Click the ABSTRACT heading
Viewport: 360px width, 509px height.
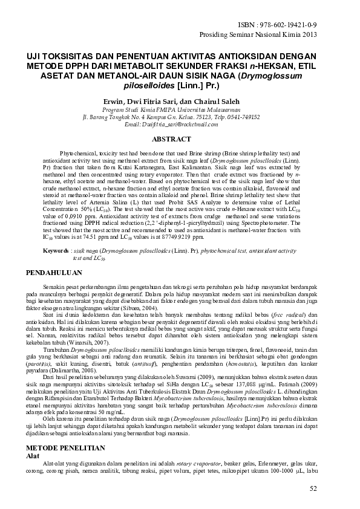(x=179, y=139)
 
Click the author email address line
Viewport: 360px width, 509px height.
(x=180, y=124)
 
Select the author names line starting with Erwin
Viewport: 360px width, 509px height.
(x=179, y=101)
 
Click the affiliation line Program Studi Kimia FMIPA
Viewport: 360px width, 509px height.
(x=180, y=110)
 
